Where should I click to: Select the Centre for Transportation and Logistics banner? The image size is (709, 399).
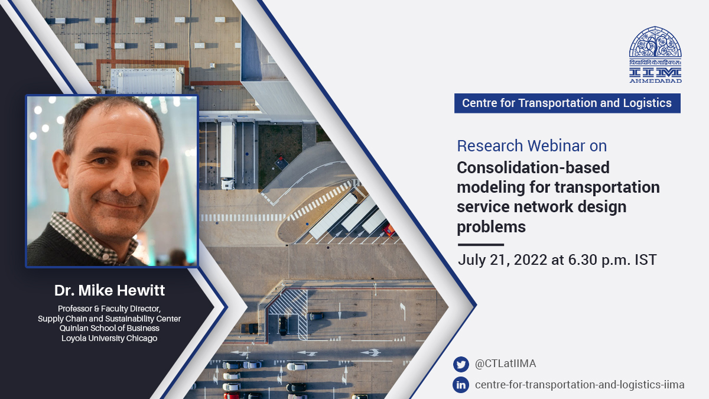(567, 103)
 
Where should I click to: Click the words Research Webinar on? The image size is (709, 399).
(532, 145)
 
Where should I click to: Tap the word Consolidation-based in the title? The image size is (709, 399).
(533, 168)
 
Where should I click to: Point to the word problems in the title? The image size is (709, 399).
(491, 227)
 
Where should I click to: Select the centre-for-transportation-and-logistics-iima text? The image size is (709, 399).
(579, 385)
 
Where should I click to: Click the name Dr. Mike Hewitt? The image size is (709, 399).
(109, 291)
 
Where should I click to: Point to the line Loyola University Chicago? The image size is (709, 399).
(109, 338)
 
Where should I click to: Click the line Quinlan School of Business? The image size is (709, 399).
(109, 329)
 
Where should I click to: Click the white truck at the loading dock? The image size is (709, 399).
(227, 154)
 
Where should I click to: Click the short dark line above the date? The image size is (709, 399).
(480, 244)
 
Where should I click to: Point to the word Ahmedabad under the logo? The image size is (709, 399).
(655, 80)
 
